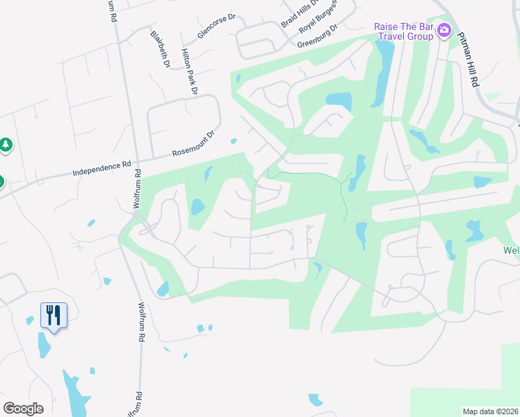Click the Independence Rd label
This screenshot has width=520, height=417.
(x=102, y=167)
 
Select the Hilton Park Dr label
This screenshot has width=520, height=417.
(x=189, y=72)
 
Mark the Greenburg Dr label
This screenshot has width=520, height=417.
(x=317, y=36)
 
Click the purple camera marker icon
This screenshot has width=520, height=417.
(x=445, y=31)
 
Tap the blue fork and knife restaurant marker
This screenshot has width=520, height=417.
(x=54, y=315)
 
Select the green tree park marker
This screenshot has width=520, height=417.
(x=6, y=145)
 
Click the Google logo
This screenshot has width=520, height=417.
(x=23, y=409)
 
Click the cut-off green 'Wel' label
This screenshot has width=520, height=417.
(x=511, y=250)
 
